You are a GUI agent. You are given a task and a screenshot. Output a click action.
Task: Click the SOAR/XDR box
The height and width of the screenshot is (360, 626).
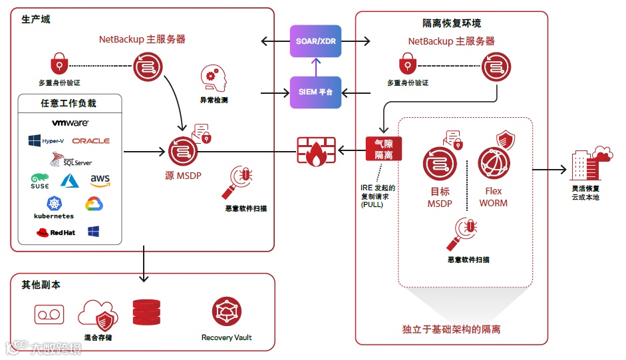(x=316, y=41)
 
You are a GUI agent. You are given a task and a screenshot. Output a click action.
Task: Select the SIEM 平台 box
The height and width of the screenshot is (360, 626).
(x=316, y=92)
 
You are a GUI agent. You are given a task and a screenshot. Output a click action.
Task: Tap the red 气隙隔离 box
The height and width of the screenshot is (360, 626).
(x=384, y=149)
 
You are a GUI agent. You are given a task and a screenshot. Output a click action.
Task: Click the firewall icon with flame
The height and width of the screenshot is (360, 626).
(x=315, y=151)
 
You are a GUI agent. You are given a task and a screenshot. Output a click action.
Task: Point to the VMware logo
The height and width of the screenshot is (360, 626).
(x=71, y=123)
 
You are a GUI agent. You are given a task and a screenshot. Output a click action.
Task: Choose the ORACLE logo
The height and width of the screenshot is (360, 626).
(x=91, y=141)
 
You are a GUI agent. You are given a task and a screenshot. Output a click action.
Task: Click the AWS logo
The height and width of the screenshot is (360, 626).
(x=100, y=180)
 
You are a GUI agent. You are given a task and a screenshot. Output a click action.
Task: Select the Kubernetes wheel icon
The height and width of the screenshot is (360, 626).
(x=55, y=203)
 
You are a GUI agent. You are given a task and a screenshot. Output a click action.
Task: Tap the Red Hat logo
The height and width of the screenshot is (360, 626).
(x=56, y=232)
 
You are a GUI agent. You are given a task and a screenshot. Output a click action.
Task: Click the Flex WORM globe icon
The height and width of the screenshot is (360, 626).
(x=494, y=163)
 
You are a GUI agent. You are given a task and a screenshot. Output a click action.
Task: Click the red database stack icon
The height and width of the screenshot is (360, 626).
(x=146, y=312)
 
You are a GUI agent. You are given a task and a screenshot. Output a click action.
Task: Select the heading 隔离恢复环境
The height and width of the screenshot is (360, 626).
(x=452, y=23)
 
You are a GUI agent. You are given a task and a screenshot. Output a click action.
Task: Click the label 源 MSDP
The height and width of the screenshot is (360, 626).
(x=183, y=176)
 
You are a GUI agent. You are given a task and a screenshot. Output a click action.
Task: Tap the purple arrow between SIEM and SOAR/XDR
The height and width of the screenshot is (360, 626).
(x=316, y=67)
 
